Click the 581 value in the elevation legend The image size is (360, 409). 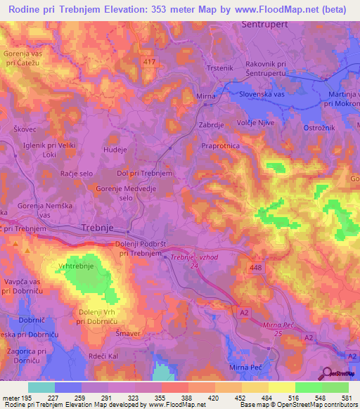[346, 398]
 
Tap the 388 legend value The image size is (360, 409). [187, 398]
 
